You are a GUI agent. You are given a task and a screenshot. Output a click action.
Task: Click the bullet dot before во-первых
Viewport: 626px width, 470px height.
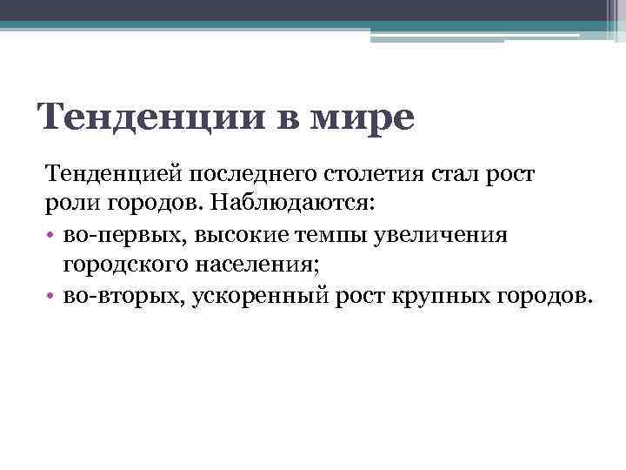(51, 235)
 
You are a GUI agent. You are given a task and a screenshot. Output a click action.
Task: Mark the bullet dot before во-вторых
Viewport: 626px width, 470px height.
(51, 296)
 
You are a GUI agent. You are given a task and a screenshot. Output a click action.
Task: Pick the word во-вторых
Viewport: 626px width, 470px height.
(123, 295)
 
